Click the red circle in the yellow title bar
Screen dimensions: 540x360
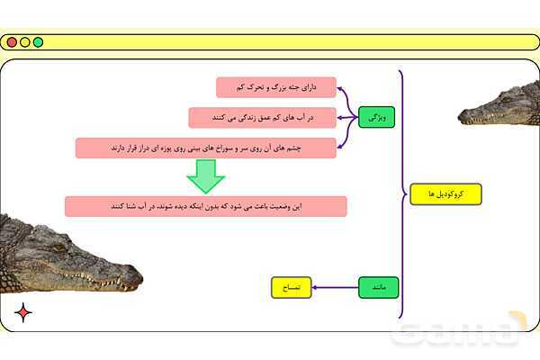pos(12,42)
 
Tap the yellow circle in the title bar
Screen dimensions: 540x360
pos(25,42)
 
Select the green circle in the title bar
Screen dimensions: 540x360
pos(38,42)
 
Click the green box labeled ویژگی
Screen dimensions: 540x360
pos(376,118)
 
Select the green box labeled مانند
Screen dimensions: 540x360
pos(379,287)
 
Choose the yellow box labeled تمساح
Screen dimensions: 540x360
pos(292,287)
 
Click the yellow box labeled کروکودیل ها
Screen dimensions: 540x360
pos(445,194)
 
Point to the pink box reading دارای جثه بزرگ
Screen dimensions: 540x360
pos(276,87)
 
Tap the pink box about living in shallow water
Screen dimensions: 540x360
pos(263,118)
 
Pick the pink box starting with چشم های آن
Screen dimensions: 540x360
pos(206,148)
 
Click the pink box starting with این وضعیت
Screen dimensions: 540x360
pos(206,206)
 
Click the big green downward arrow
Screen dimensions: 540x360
pos(206,175)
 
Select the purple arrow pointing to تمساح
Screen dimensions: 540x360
pos(335,287)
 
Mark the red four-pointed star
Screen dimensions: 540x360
pos(23,313)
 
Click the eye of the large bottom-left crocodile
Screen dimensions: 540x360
pos(59,247)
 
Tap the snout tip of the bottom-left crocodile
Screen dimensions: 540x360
pos(139,277)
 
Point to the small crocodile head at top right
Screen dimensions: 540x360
pos(499,103)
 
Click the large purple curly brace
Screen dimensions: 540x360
pos(402,194)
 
